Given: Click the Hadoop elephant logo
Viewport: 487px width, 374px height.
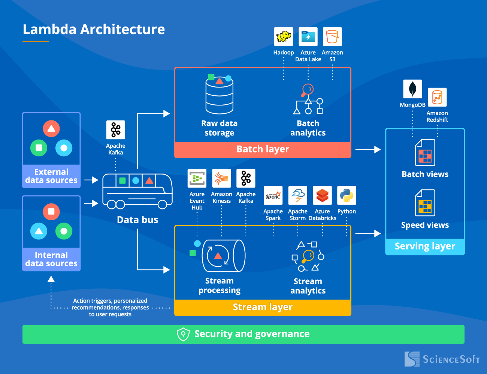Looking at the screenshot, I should tap(284, 37).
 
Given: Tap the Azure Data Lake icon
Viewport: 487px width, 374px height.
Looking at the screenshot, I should tap(308, 37).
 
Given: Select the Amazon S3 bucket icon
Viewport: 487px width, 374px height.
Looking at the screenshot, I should tap(332, 37).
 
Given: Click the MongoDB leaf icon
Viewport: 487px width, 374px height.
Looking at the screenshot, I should tap(412, 89).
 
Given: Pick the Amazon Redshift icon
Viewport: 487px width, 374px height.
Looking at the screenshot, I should tap(437, 97).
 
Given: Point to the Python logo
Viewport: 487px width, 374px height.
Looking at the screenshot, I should tap(347, 196).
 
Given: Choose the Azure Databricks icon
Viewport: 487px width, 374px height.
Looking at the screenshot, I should tap(322, 196).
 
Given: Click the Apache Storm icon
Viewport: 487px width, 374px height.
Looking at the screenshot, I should tap(298, 196).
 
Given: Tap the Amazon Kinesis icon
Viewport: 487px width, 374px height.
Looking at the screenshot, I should tap(221, 178).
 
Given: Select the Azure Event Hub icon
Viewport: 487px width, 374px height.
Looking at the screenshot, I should tap(197, 178).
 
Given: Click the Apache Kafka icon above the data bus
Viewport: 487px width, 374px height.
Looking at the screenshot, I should tap(116, 130).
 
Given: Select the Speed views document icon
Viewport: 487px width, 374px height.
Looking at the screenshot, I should tap(425, 203).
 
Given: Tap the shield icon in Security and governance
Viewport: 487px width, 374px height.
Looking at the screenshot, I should tap(183, 334).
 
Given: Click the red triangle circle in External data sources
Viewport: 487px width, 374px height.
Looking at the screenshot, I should tap(51, 129).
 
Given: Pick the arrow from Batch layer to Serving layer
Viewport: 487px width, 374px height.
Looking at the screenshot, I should tap(368, 150).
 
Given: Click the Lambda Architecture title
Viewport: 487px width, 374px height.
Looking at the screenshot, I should tap(94, 30).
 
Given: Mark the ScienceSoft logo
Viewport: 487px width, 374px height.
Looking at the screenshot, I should tap(442, 359).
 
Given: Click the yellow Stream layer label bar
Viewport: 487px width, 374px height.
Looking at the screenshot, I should tap(263, 307).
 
